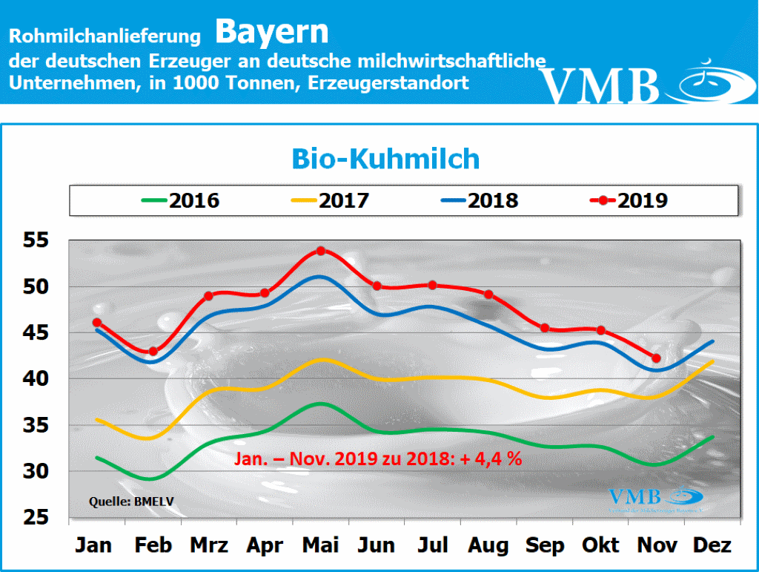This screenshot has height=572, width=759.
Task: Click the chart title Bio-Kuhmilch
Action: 385,159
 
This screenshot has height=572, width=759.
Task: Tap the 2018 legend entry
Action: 482,200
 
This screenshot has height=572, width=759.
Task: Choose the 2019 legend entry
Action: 630,200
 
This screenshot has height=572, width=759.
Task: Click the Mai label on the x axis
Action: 320,545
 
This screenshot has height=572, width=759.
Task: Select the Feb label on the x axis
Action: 153,545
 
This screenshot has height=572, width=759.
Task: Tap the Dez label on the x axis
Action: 713,545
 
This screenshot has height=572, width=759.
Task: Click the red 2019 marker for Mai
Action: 321,251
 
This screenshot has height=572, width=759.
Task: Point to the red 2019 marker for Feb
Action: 153,352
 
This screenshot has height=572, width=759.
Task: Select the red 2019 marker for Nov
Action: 657,358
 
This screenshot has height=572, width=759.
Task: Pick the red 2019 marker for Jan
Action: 96,323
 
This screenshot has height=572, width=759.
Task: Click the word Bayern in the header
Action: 272,32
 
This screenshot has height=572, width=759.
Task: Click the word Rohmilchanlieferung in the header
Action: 105,36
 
